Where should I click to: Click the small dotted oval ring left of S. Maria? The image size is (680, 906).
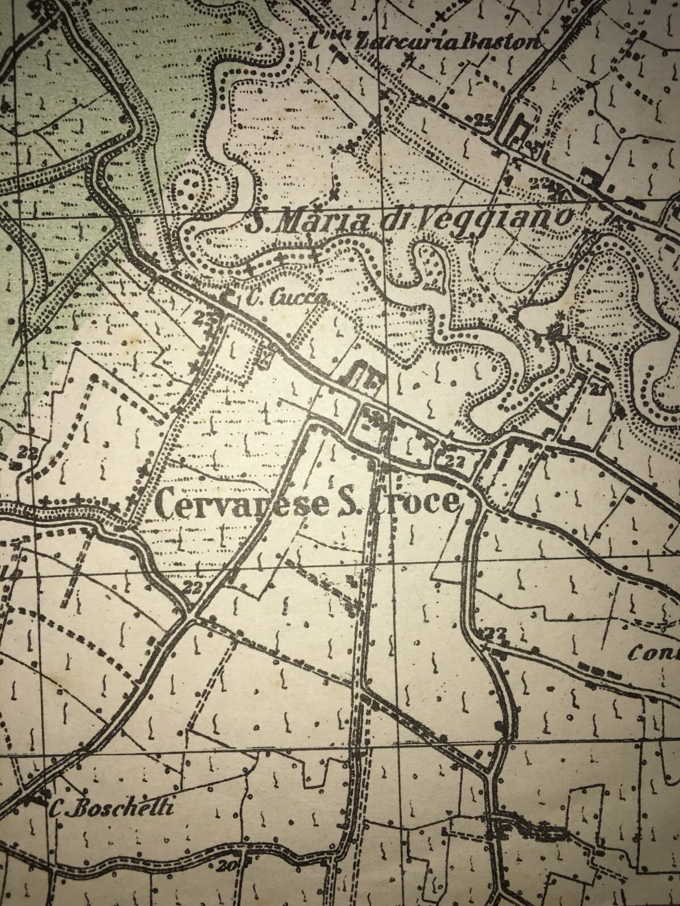tap(190, 184)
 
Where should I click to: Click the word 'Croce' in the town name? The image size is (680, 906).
tap(414, 502)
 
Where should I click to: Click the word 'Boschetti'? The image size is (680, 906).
tap(122, 809)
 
